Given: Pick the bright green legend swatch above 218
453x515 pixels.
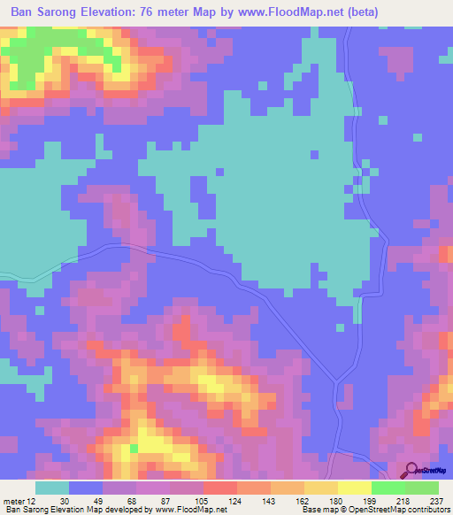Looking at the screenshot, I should point(388,488).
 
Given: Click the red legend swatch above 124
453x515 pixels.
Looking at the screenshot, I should point(219,488).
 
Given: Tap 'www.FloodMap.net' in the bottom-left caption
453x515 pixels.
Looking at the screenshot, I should point(189,509).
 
